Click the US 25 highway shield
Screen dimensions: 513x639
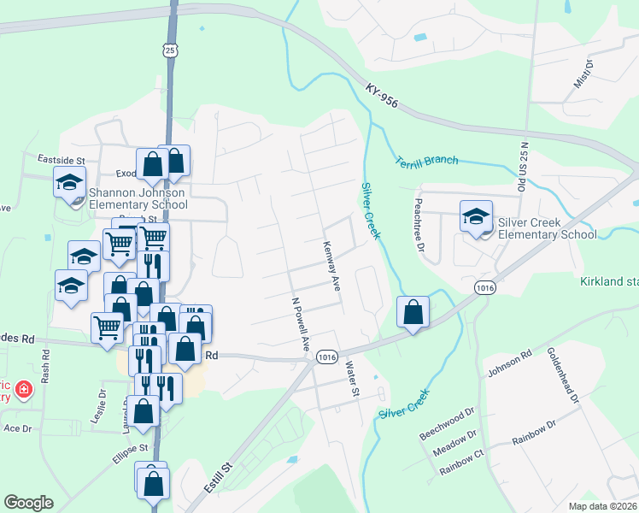click(x=172, y=50)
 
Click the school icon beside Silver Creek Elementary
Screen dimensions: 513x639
click(x=476, y=215)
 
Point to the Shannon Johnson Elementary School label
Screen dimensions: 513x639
click(x=138, y=198)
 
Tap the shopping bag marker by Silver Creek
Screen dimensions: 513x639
click(x=413, y=312)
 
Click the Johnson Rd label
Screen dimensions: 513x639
click(x=510, y=362)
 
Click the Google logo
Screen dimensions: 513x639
click(x=28, y=503)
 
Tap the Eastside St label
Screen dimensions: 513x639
click(x=62, y=160)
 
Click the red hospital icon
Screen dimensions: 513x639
click(x=23, y=391)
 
